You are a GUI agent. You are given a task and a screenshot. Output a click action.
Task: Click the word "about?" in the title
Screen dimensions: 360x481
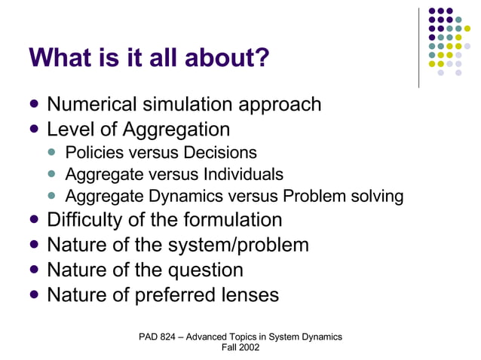pos(231,58)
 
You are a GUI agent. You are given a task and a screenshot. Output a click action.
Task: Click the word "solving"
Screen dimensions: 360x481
pos(375,197)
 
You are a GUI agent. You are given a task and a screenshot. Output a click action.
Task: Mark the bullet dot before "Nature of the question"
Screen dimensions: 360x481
pos(35,270)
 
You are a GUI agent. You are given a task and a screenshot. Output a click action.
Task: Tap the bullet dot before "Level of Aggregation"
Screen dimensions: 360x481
pos(35,129)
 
